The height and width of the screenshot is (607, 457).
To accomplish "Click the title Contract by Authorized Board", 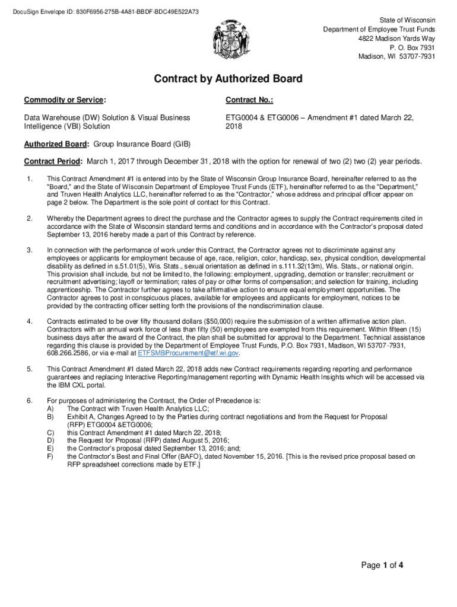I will pos(228,79).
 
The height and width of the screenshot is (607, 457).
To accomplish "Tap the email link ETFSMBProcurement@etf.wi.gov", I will pos(189,353).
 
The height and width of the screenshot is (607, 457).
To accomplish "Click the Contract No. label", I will pos(249,99).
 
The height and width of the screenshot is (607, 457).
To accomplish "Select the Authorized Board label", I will pos(56,144).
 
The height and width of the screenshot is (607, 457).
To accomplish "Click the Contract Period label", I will pos(53,162).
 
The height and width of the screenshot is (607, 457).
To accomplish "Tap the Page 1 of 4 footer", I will pos(383,565).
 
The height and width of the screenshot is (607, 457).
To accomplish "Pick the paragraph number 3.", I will pos(29,250).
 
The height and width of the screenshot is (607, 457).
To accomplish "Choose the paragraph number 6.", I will pos(29,401).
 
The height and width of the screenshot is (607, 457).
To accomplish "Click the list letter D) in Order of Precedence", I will pos(51,440).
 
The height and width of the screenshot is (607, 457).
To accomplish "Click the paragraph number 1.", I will pos(29,178).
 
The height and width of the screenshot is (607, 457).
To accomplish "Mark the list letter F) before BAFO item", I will pos(51,457).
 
